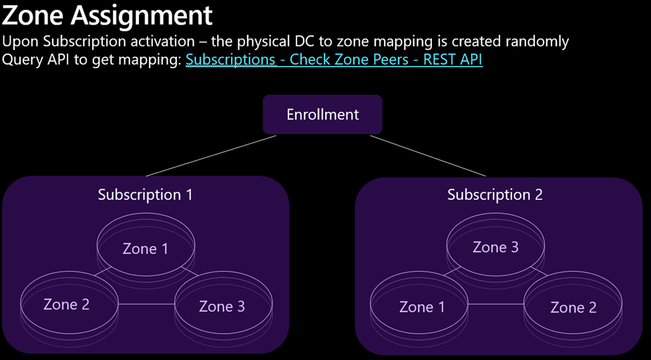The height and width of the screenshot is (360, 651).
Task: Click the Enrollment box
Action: coord(322,115)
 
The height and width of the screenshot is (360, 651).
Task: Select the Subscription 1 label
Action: coord(146,195)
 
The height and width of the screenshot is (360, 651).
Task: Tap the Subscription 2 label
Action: coord(495,195)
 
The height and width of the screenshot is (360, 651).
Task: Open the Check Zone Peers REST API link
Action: coord(334,60)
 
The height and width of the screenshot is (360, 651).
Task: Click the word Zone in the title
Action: coord(33,15)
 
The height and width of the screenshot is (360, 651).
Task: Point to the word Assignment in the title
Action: coord(142,17)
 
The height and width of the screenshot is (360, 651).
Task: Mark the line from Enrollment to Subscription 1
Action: coord(211,156)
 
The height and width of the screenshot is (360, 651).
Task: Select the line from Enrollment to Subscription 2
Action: coord(427,156)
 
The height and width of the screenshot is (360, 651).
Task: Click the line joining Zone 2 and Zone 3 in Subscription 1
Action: coord(146,305)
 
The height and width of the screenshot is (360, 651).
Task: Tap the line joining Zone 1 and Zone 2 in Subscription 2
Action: coord(496,305)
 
